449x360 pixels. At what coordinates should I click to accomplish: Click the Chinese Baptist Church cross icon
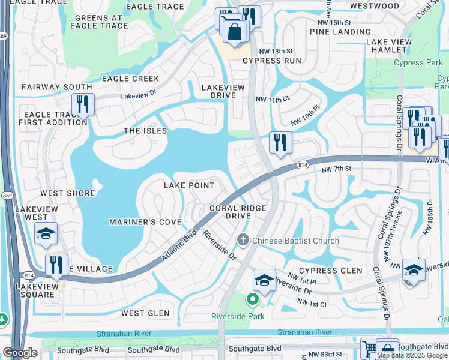pos(243,241)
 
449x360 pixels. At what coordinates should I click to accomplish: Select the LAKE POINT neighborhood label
pos(190,186)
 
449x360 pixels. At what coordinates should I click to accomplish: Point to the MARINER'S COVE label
pos(145,222)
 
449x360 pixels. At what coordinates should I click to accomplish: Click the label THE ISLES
pos(145,131)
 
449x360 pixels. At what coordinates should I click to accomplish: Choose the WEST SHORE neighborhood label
pos(68,193)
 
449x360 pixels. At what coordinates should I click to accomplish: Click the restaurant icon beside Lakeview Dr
pos(83,104)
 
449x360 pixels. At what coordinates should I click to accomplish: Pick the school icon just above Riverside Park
pos(264,280)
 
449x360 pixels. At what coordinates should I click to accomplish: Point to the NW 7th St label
pos(335,170)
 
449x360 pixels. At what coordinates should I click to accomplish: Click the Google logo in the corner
pos(20,353)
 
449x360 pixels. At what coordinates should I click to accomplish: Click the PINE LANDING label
pos(334,31)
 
